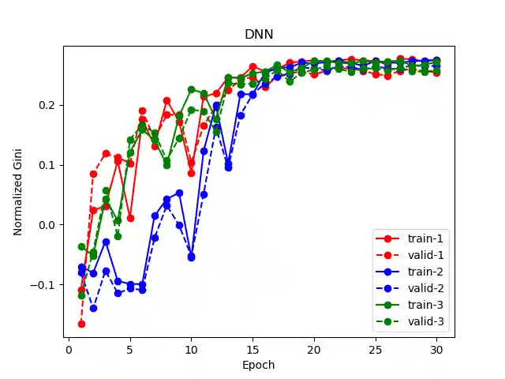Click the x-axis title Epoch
tap(259, 366)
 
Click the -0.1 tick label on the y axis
tap(46, 284)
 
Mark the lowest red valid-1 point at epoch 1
tap(81, 324)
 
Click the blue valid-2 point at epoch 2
tap(93, 308)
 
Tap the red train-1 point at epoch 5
tap(130, 218)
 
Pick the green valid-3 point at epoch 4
tap(118, 236)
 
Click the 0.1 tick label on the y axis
tap(49, 165)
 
